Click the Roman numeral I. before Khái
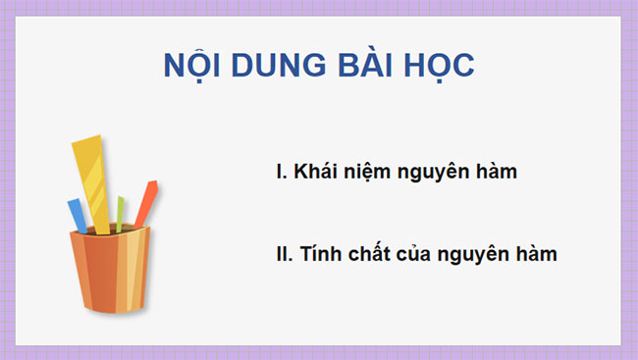(282, 172)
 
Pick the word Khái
(316, 172)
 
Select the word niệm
(369, 172)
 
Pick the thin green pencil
(120, 213)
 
